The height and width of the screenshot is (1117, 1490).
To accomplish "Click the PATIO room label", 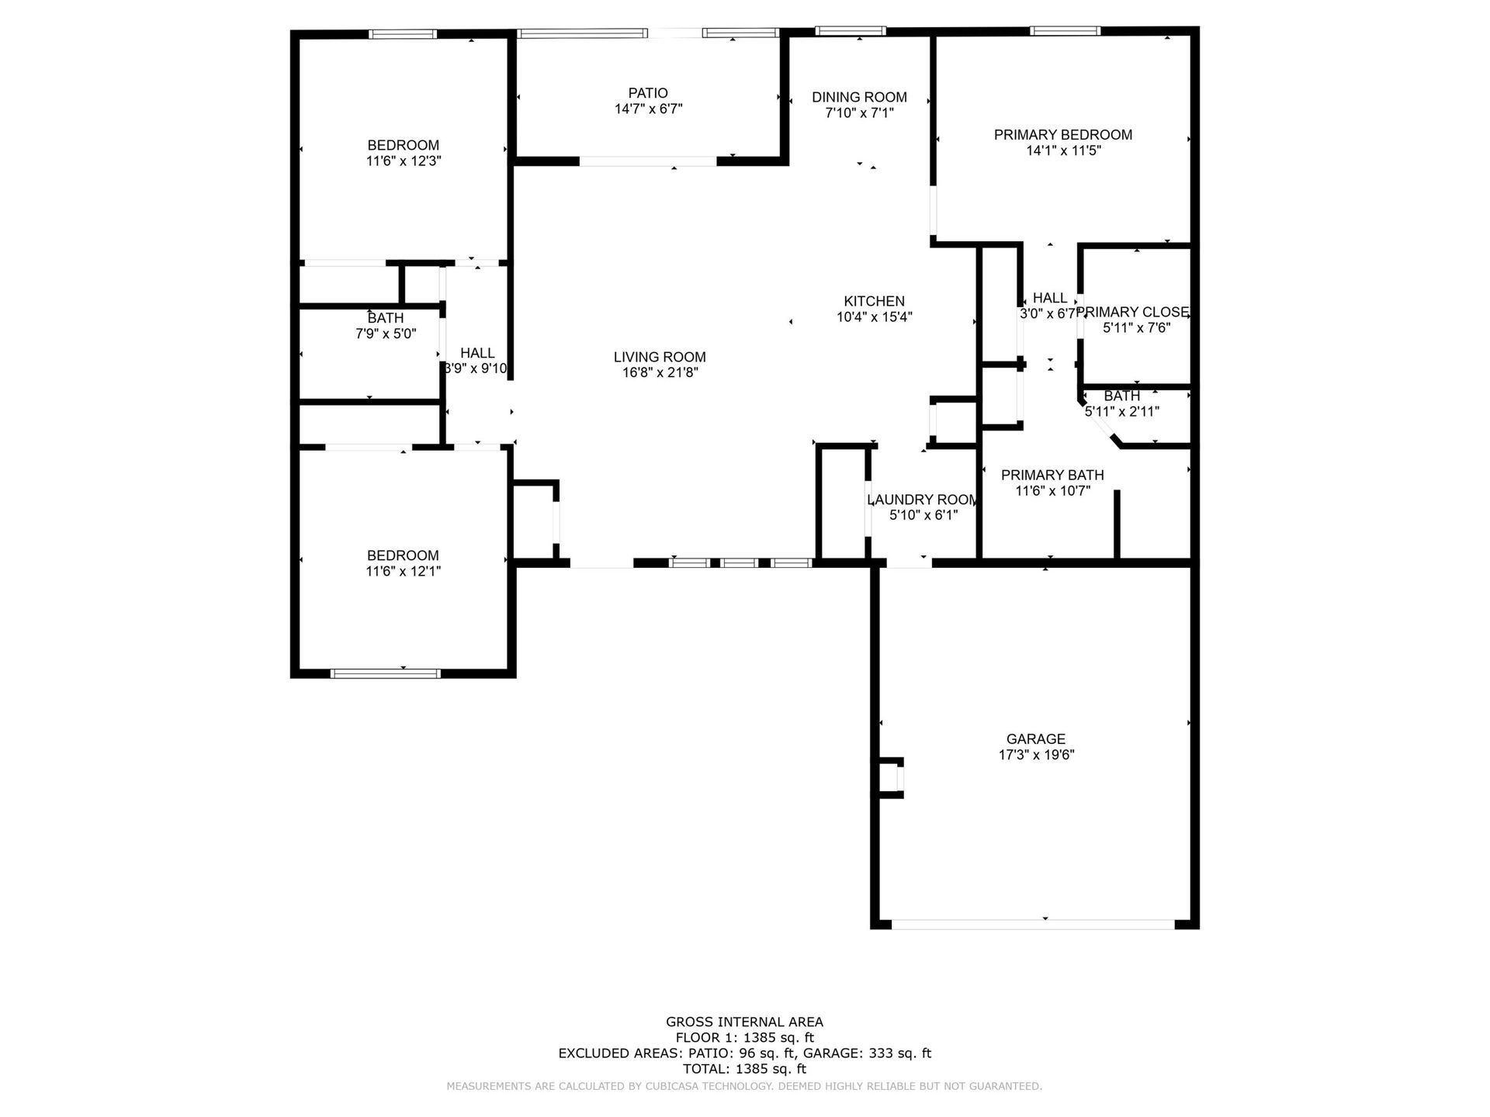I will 648,93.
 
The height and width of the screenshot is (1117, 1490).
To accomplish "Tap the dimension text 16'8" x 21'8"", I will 660,373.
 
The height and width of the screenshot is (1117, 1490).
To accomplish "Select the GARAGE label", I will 1036,739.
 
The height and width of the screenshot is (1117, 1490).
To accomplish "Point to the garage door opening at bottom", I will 1033,924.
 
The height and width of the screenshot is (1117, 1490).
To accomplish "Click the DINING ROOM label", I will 859,97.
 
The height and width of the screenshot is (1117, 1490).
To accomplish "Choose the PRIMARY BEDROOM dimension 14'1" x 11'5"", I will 1063,151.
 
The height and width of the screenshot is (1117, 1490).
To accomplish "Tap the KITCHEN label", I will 874,301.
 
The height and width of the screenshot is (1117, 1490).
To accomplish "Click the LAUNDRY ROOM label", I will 921,500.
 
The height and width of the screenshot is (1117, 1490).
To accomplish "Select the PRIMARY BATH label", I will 1052,475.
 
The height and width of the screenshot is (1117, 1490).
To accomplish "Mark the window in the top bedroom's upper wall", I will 402,34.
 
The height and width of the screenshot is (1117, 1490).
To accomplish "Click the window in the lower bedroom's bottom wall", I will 386,673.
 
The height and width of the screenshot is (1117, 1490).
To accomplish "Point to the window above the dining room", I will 851,31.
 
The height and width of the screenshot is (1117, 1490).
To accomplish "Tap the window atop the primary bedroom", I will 1065,31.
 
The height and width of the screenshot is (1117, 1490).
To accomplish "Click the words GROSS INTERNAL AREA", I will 744,1022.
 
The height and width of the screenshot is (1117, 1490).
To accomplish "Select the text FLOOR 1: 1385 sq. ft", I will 744,1038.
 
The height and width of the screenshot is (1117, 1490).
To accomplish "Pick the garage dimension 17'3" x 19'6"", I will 1036,755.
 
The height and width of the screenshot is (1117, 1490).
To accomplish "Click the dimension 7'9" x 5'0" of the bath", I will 386,334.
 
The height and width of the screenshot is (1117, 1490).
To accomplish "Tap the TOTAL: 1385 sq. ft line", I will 744,1069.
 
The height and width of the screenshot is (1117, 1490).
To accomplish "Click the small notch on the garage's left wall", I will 892,777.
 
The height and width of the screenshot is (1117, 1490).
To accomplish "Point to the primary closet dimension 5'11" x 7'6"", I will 1136,328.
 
